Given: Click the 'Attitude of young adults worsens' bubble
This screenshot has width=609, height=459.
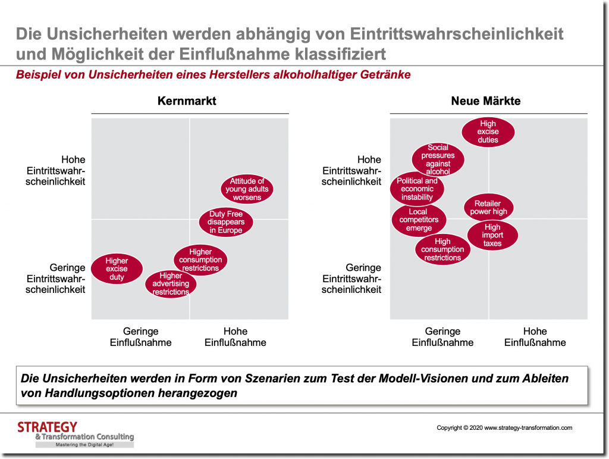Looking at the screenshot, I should [x=247, y=189].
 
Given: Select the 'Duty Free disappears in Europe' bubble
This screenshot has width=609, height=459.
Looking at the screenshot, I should [x=225, y=222].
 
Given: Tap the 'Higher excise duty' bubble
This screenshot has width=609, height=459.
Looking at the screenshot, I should [x=117, y=269].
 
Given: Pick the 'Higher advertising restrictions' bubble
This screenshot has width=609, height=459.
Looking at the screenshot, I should [x=171, y=284].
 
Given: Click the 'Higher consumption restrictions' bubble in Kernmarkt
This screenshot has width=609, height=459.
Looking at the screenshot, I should [x=200, y=260].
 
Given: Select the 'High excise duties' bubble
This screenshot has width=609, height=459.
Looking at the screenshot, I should [x=488, y=132].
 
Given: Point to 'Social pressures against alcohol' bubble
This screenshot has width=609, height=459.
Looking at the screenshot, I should [x=438, y=160].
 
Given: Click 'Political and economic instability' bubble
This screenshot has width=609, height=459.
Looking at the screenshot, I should [x=417, y=189].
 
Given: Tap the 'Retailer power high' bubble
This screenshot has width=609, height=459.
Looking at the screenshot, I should [x=488, y=207].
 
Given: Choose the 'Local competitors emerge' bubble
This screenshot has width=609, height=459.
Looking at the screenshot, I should [x=419, y=220].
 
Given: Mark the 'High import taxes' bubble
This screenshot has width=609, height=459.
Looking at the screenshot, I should [x=492, y=235].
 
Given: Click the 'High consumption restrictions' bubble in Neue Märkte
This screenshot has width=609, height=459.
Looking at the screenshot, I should [x=442, y=249].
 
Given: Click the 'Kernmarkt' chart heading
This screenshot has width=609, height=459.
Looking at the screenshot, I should [x=187, y=101].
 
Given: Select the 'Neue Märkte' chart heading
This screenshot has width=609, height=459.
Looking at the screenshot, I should [x=485, y=101].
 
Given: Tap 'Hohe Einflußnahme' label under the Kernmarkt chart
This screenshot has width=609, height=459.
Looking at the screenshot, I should [x=236, y=337].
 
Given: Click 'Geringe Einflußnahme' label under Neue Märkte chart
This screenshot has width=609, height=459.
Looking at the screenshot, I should [x=443, y=337].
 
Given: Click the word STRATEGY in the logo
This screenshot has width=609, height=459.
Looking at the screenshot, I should [x=47, y=427].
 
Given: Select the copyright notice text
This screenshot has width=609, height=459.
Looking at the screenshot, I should [x=504, y=427].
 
